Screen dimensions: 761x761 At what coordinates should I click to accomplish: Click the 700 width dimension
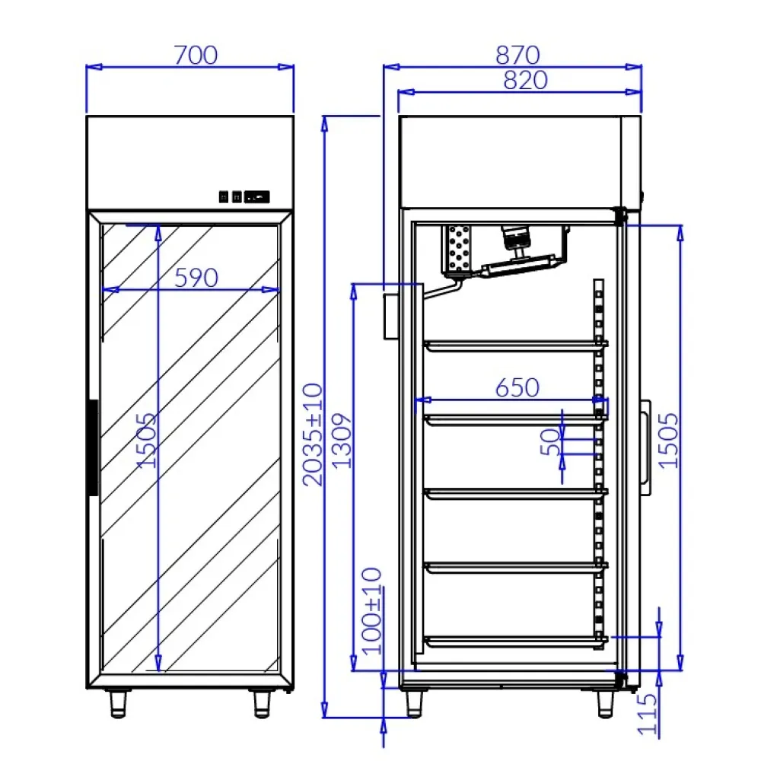(x=196, y=56)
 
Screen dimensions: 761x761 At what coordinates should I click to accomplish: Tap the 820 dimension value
(x=525, y=80)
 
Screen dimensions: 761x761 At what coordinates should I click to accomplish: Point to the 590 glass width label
(x=196, y=278)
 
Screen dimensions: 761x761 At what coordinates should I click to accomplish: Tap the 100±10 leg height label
(x=373, y=611)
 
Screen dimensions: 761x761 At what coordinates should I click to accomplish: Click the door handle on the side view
(x=645, y=447)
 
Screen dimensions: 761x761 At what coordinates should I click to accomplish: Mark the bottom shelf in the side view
(x=515, y=642)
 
